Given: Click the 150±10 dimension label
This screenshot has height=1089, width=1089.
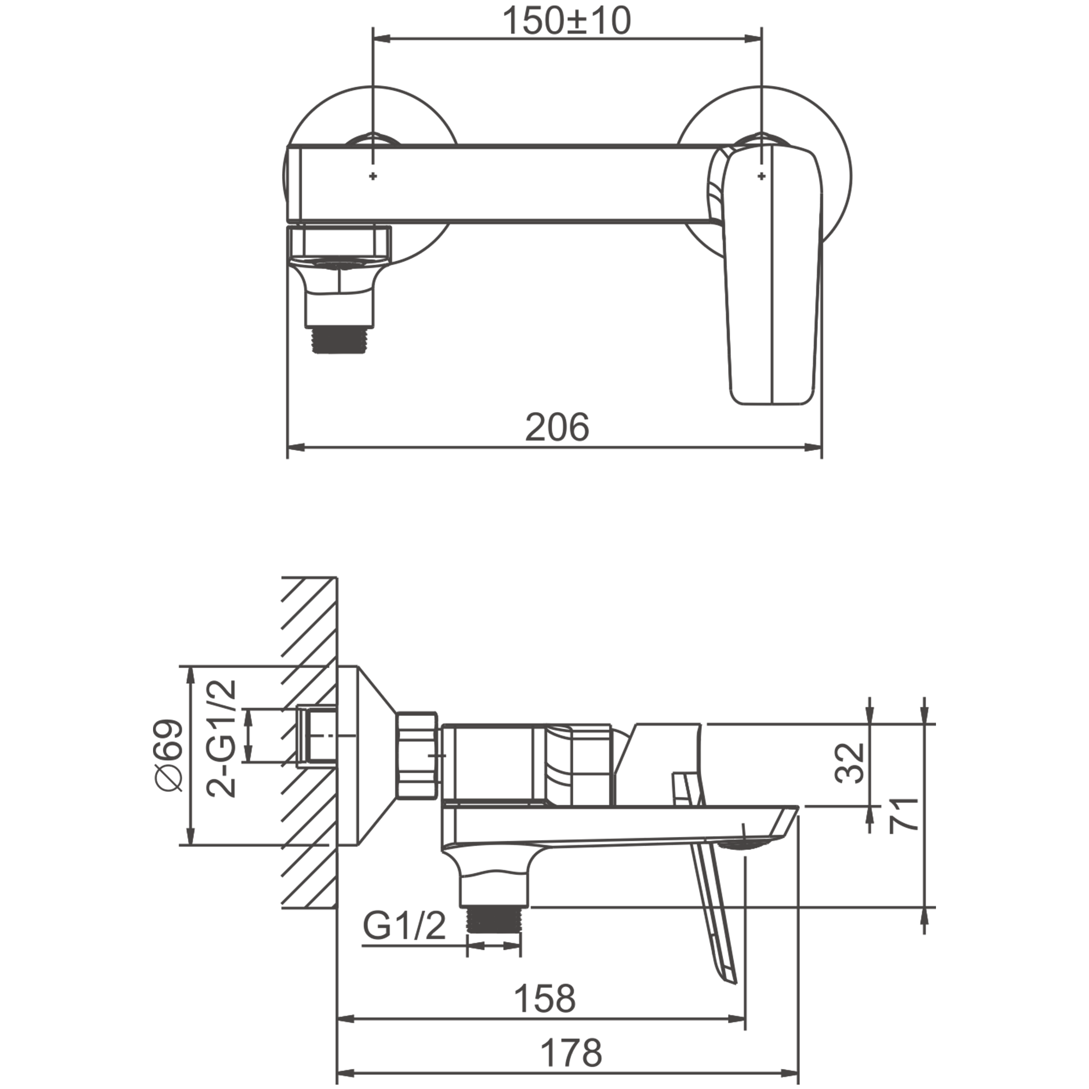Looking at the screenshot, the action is pyautogui.click(x=566, y=21).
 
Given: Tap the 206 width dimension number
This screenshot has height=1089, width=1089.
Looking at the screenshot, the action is pyautogui.click(x=557, y=427).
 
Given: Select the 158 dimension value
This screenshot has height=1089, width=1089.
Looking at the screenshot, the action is pyautogui.click(x=544, y=998).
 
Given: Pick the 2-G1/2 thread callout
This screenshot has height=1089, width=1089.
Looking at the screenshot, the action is pyautogui.click(x=221, y=738).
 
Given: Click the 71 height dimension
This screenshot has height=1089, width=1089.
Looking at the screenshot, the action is pyautogui.click(x=903, y=815).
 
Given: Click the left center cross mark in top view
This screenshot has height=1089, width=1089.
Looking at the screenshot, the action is pyautogui.click(x=372, y=176).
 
